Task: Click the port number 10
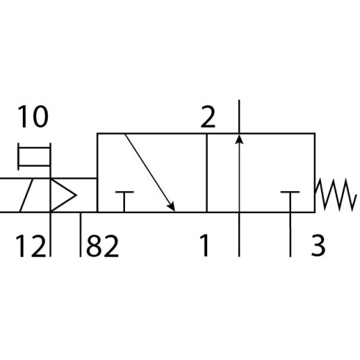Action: [33, 117]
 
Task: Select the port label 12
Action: [31, 245]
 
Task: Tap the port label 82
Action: [103, 245]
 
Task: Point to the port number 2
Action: [208, 117]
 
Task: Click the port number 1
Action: [204, 245]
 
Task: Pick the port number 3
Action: [318, 245]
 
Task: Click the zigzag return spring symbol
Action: [335, 195]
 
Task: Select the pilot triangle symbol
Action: [63, 195]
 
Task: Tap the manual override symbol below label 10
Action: [35, 156]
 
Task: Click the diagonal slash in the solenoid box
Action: [26, 195]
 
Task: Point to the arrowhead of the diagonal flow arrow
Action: [171, 206]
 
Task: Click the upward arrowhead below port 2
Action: [240, 139]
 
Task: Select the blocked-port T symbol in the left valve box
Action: [124, 201]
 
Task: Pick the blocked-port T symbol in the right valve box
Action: [290, 201]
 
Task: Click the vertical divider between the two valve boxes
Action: [207, 173]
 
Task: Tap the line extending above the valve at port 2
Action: [240, 117]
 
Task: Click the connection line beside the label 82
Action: [80, 234]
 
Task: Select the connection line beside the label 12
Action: [51, 234]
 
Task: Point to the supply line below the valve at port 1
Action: [240, 234]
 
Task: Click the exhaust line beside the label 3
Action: [290, 234]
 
